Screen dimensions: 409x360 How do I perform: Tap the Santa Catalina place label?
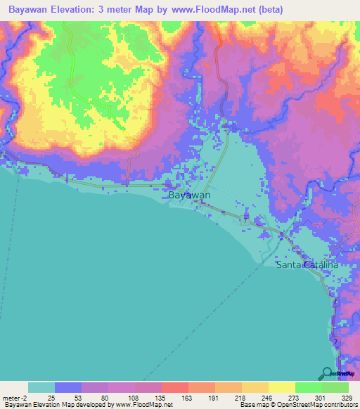pyautogui.click(x=307, y=265)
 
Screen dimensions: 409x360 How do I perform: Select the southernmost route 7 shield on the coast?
pyautogui.click(x=335, y=342)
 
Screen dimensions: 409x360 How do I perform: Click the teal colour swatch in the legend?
pyautogui.click(x=41, y=387)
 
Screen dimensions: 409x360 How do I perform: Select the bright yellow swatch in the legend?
pyautogui.click(x=281, y=387)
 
